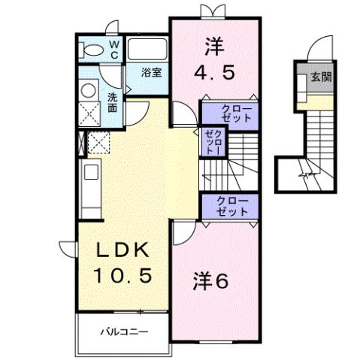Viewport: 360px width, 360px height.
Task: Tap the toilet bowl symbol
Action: pos(95,50)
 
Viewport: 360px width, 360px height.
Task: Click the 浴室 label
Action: pos(153,73)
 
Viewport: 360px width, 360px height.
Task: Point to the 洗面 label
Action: pos(111,102)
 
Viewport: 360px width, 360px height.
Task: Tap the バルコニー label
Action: pos(125,331)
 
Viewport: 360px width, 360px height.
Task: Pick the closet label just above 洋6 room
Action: pos(230,206)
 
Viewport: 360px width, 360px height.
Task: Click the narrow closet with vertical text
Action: pos(211,141)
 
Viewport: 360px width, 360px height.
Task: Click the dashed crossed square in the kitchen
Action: pos(98,142)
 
